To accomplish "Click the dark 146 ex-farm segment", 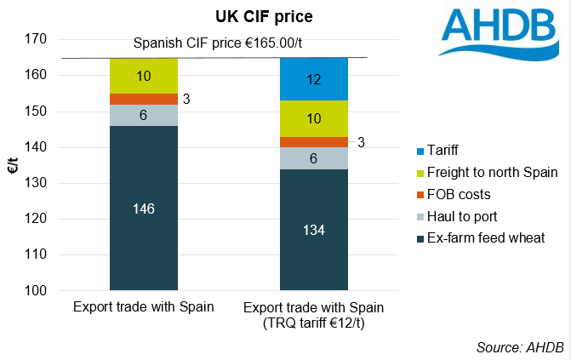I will pos(144,207).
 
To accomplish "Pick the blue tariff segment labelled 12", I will pos(314,79).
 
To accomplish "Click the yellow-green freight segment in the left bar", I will pos(144,76).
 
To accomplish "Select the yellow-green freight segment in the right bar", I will pos(314,118).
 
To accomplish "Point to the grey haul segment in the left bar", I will pos(144,115).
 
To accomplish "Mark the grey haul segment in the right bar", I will pos(314,158).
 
